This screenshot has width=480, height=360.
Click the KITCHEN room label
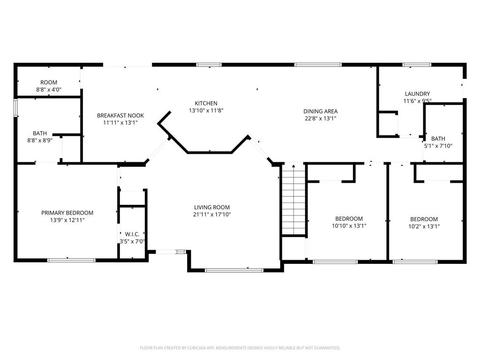pos(206,103)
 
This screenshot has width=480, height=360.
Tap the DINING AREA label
pos(320,111)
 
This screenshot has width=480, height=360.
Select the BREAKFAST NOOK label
pos(120,115)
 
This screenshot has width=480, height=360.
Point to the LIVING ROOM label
pos(212,207)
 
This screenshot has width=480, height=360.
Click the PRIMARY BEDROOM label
pos(67,213)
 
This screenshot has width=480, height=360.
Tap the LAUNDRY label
pos(417,94)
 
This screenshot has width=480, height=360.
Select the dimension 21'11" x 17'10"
pos(212,215)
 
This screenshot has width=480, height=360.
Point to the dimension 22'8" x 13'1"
pos(320,118)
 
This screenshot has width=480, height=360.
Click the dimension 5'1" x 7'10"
pos(438,146)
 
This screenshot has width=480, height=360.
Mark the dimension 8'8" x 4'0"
pos(49,90)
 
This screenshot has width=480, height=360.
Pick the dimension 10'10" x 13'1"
pos(349,226)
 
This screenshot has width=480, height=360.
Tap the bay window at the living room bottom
pos(234,270)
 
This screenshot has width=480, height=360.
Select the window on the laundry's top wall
pos(417,65)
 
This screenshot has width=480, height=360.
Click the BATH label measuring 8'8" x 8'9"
pos(40,133)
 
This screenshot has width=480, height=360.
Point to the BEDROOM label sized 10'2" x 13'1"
pos(424,219)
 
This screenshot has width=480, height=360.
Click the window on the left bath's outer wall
pos(15,107)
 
